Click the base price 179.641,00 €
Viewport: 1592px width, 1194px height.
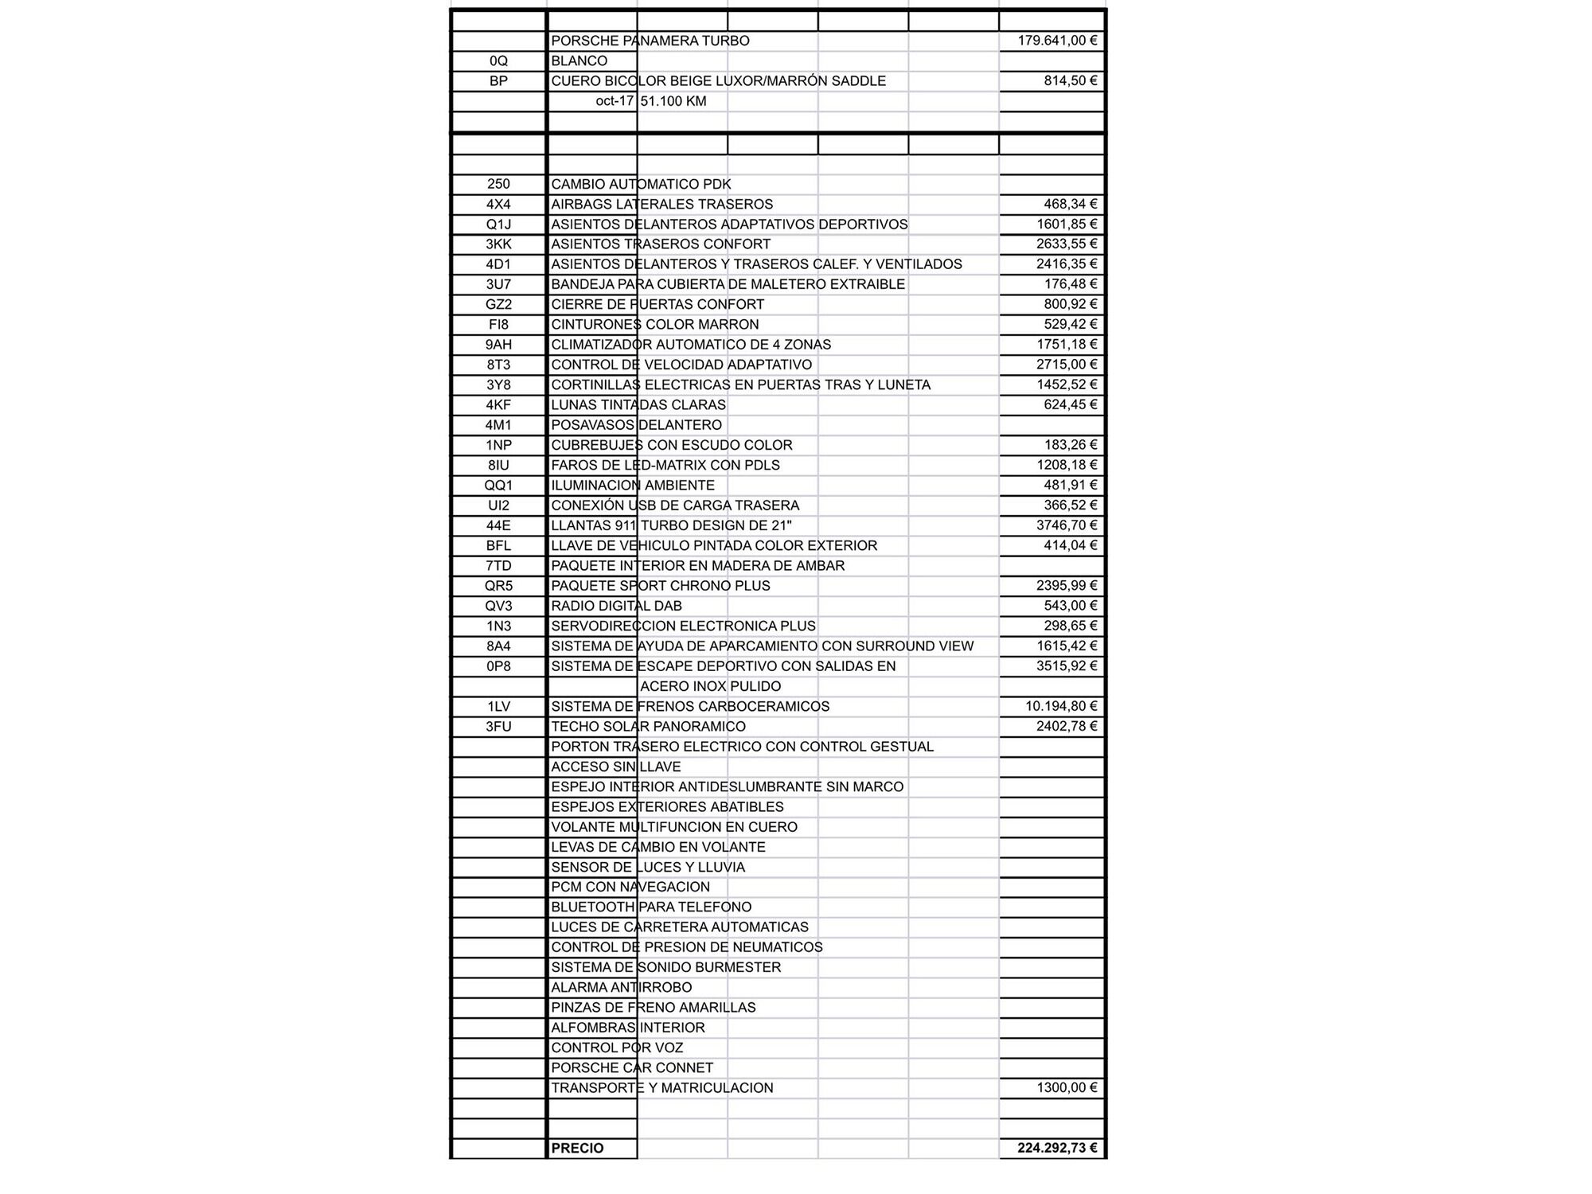(x=1057, y=41)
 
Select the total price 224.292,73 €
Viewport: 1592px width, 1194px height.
(x=1057, y=1148)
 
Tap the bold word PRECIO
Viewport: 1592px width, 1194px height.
(x=577, y=1148)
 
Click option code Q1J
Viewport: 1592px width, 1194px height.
(x=498, y=224)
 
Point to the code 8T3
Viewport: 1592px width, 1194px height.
(x=498, y=365)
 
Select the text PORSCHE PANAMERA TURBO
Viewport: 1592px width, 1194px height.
(x=650, y=41)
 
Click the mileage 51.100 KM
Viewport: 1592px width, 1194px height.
(x=673, y=101)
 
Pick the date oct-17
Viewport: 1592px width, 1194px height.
(x=615, y=101)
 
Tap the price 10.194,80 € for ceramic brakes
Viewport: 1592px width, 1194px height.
(x=1061, y=706)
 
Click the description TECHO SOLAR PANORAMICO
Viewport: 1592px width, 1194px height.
(x=648, y=727)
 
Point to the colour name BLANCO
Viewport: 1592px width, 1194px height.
(x=579, y=60)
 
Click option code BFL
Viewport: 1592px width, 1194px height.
(x=498, y=546)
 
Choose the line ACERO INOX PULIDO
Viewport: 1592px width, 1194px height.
(x=710, y=686)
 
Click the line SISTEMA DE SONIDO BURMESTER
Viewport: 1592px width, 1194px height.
(x=665, y=967)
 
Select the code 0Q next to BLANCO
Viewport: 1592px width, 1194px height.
(x=498, y=60)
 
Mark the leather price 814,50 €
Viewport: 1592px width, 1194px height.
(x=1071, y=80)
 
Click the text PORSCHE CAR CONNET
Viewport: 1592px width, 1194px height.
(x=632, y=1067)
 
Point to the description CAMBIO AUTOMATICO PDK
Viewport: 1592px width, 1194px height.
(x=641, y=184)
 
